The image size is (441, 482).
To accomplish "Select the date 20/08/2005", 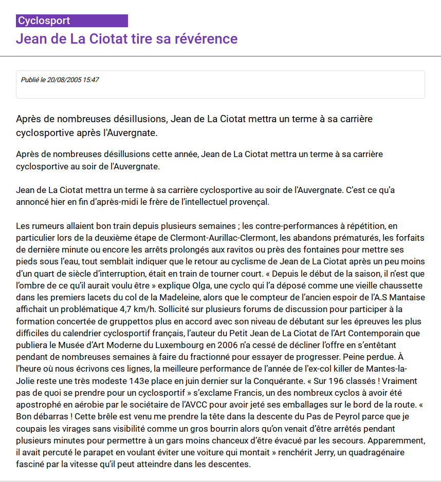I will [x=64, y=80].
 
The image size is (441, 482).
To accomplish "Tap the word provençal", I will [x=249, y=202].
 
